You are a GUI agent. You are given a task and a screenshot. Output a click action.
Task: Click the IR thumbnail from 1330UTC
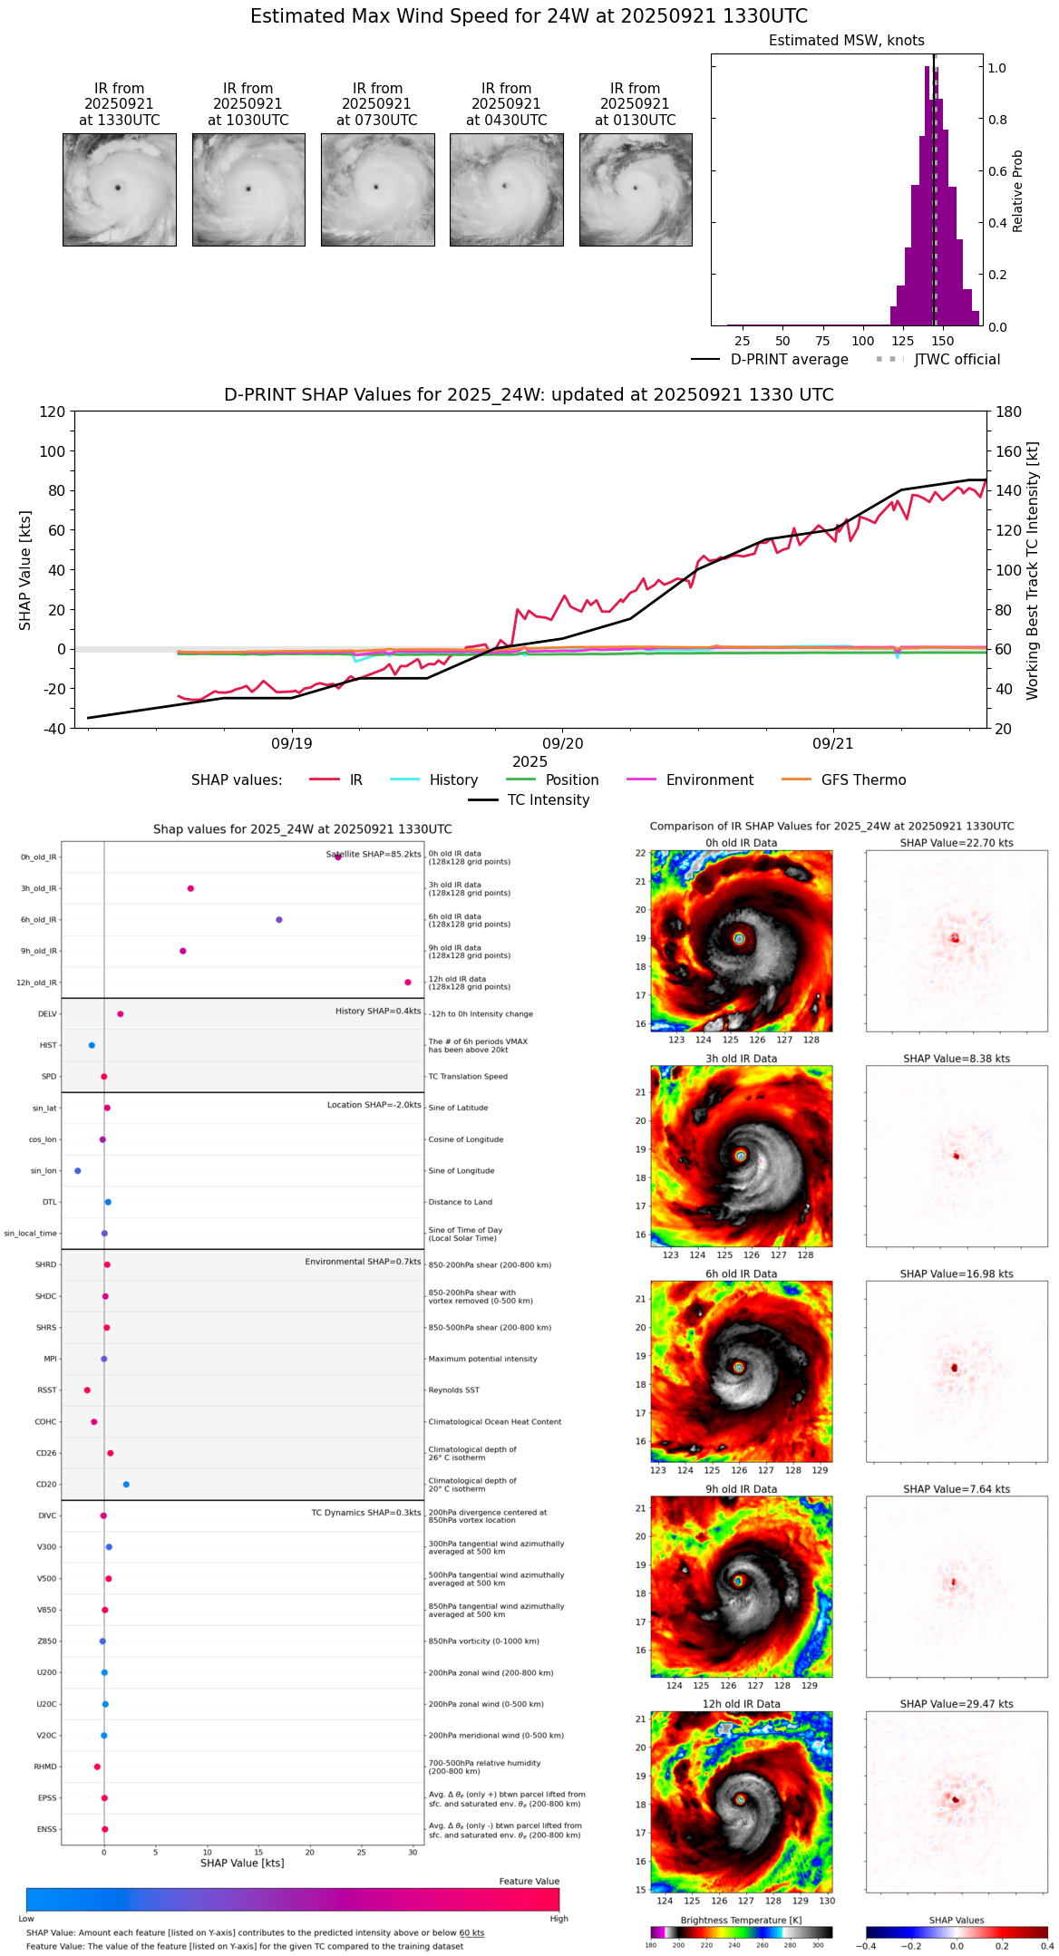tap(119, 189)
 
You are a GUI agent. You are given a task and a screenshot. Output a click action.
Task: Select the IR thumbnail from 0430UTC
tap(506, 189)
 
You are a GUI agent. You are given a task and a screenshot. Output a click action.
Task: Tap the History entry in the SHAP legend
tap(453, 779)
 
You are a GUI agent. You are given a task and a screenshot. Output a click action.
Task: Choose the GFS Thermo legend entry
tap(863, 779)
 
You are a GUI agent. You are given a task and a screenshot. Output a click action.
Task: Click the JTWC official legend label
tap(957, 359)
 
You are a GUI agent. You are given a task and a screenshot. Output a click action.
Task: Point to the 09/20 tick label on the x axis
tap(562, 743)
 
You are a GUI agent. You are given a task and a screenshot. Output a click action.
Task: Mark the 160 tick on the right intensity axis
tap(1009, 451)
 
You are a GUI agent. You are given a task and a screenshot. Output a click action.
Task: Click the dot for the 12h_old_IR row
tap(408, 983)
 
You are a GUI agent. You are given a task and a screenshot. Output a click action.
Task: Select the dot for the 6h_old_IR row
tap(279, 920)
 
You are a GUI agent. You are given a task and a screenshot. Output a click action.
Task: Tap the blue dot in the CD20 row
tap(126, 1485)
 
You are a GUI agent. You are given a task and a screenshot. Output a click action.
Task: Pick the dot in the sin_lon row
tap(78, 1171)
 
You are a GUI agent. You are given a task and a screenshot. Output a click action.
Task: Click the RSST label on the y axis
tap(47, 1390)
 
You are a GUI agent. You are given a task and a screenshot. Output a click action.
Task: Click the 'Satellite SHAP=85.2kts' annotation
tap(374, 854)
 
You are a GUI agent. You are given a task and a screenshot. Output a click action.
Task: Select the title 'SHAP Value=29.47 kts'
tap(957, 1704)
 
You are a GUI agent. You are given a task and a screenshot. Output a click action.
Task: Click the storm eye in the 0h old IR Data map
tap(740, 939)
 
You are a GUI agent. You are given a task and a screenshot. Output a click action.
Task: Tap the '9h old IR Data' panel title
tap(741, 1489)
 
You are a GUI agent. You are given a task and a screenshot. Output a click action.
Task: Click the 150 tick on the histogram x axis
tap(943, 342)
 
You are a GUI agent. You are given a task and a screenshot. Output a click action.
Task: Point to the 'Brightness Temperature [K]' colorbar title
tap(741, 1920)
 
